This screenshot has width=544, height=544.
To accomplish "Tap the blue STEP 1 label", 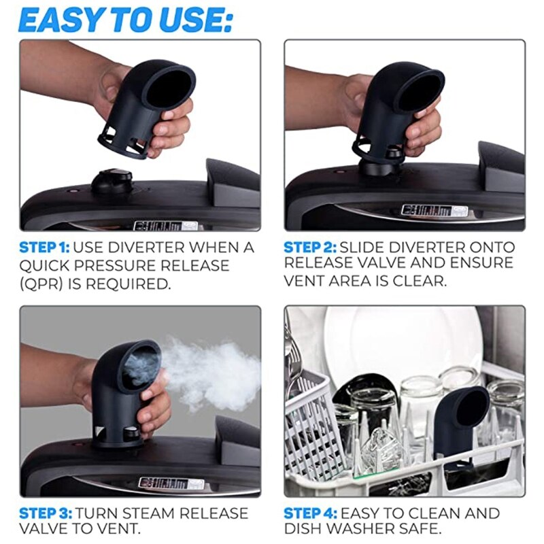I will point(44,247).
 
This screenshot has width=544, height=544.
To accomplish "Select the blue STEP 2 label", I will point(309,247).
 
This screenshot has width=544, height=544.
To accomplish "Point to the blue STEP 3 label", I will point(44,513).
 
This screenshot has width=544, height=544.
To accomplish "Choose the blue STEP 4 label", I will point(309,513).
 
